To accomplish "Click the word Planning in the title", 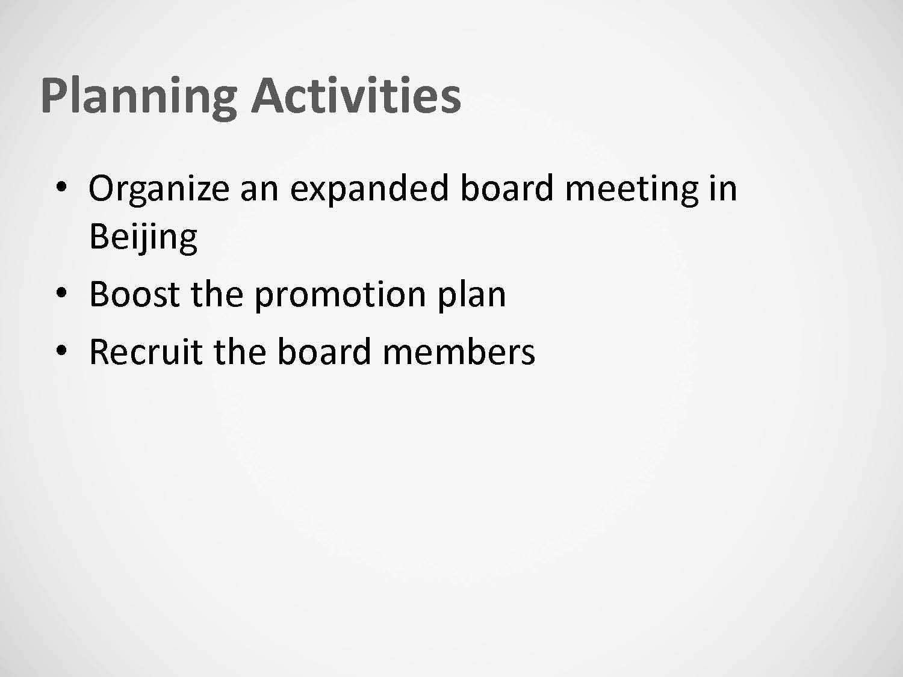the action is coord(139,98).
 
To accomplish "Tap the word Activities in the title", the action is coord(356,94).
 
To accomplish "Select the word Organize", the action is coord(159,190).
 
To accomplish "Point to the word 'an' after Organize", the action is coord(259,193).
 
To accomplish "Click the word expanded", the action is coord(370,190).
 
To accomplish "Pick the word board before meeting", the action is coord(507,187).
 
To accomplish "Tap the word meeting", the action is coord(632,190).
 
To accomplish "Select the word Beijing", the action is coord(143,238).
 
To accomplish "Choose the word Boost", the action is coord(134,294).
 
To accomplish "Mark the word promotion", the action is coord(340,296).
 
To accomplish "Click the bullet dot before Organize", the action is coord(61,187).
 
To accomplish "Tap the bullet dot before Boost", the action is coord(61,293).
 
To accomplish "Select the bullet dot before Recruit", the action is coord(61,351).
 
